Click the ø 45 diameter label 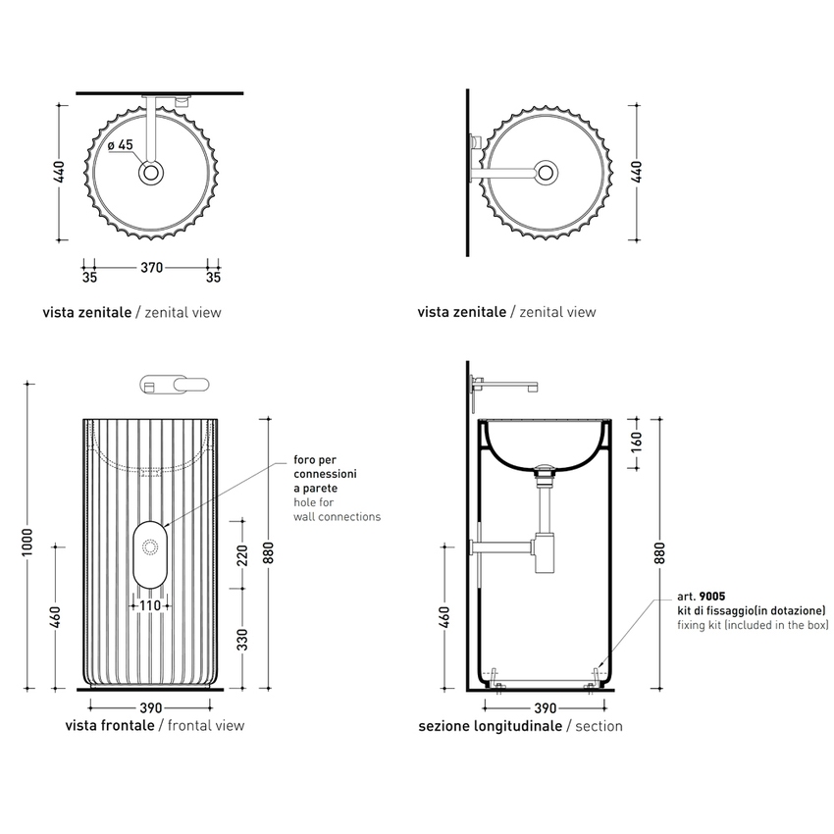point(121,146)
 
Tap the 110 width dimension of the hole point(149,605)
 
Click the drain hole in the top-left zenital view point(150,174)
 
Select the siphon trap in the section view point(546,554)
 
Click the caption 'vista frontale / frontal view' point(154,726)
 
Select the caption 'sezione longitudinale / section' point(520,726)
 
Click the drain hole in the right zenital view point(546,174)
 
